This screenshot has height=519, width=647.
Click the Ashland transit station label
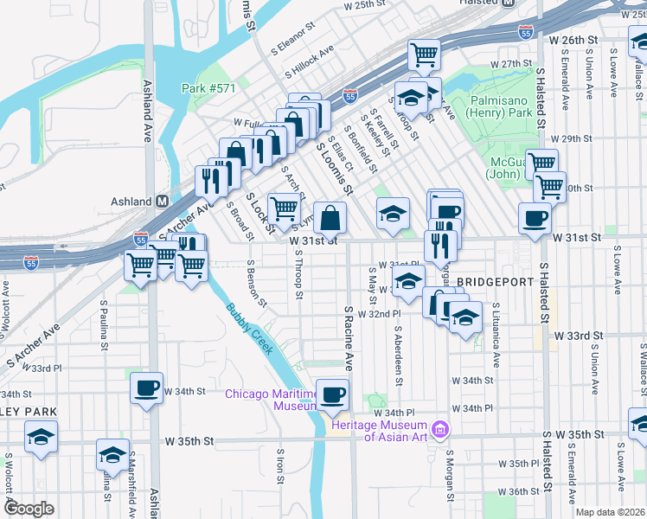131,202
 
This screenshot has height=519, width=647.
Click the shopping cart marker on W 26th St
424,54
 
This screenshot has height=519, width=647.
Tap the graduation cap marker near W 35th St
112,453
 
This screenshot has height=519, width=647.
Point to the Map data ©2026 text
611,512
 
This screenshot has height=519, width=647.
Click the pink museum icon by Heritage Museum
441,429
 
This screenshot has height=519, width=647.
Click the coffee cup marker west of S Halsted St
535,218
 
